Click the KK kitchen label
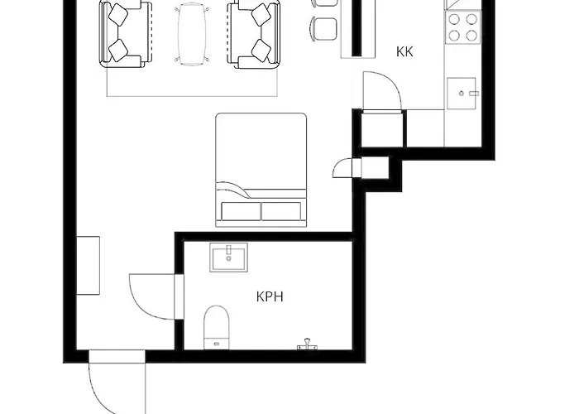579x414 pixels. coord(404,51)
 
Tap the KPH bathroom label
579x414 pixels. coord(270,296)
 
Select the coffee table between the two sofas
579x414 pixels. coord(191,35)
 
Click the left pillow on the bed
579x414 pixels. coord(241,211)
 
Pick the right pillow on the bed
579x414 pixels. coord(281,211)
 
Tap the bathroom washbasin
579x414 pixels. coord(228,258)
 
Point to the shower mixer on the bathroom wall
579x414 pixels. coord(307,344)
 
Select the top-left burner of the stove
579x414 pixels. coord(454,19)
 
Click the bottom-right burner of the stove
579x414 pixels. coord(471,36)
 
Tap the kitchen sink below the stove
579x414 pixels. coord(462,93)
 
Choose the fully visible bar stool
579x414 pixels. coord(324,29)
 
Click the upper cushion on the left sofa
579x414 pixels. coord(118,14)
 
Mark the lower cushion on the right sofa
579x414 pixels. coord(261,51)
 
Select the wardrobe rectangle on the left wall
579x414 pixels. coord(89,266)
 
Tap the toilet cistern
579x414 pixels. coord(217,344)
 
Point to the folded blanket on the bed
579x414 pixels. coord(261,190)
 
